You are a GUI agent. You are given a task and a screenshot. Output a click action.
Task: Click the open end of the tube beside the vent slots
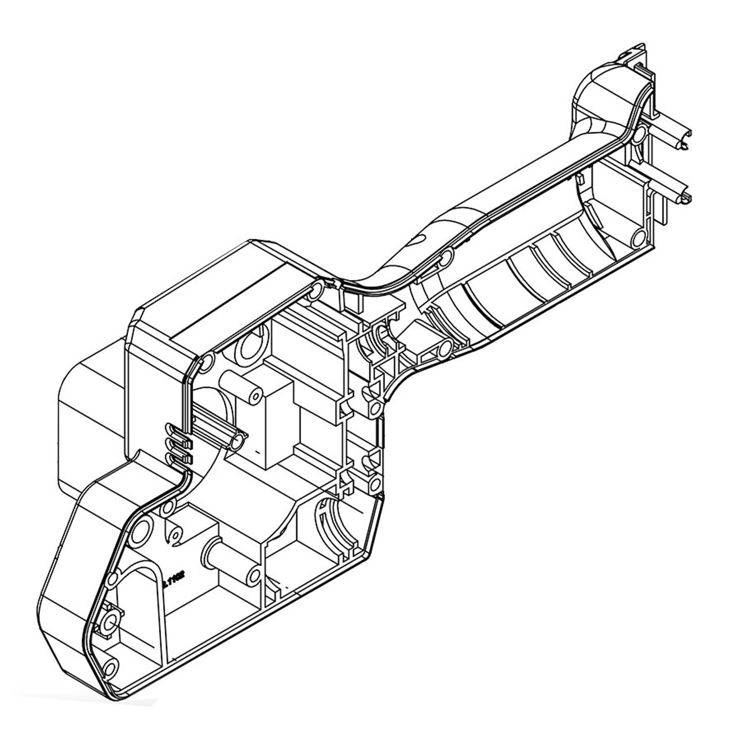(x=235, y=442)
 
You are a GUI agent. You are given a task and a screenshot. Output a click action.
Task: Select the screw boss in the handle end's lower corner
(x=638, y=238)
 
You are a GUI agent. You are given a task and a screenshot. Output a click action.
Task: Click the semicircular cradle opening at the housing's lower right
(x=333, y=521)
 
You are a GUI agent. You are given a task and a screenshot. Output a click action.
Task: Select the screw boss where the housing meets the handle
(x=316, y=291)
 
